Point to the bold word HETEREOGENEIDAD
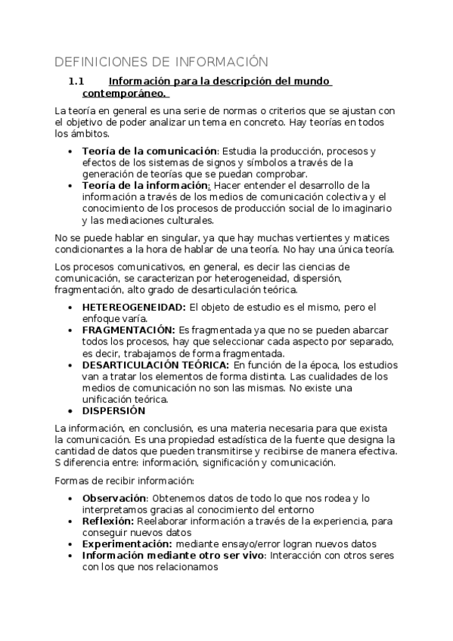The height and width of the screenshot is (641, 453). click(x=134, y=307)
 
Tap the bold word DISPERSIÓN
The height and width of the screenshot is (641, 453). click(x=113, y=410)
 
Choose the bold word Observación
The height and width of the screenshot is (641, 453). click(x=113, y=498)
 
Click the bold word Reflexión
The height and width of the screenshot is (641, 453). click(x=107, y=521)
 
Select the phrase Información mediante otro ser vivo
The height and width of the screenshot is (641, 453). click(x=172, y=556)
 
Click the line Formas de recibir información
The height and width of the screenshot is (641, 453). click(x=125, y=481)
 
